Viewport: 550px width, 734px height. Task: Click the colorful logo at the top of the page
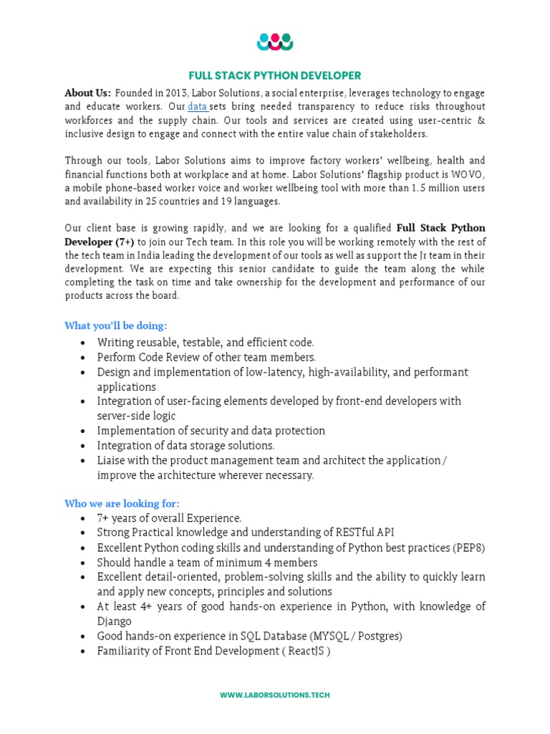[x=275, y=42]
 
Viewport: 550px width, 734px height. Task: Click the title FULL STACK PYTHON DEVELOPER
[x=275, y=75]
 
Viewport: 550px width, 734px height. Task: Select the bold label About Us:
[x=88, y=93]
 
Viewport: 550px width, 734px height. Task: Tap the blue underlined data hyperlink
[x=198, y=107]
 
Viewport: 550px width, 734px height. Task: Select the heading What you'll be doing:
[x=115, y=325]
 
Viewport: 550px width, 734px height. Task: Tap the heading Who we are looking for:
[x=122, y=503]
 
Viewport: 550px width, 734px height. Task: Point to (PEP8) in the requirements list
[x=468, y=548]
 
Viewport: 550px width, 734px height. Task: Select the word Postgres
[x=380, y=636]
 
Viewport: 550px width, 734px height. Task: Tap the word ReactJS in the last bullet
[x=304, y=651]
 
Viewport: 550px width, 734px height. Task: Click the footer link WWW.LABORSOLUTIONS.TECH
[x=275, y=695]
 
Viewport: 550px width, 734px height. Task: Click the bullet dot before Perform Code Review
[x=84, y=358]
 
